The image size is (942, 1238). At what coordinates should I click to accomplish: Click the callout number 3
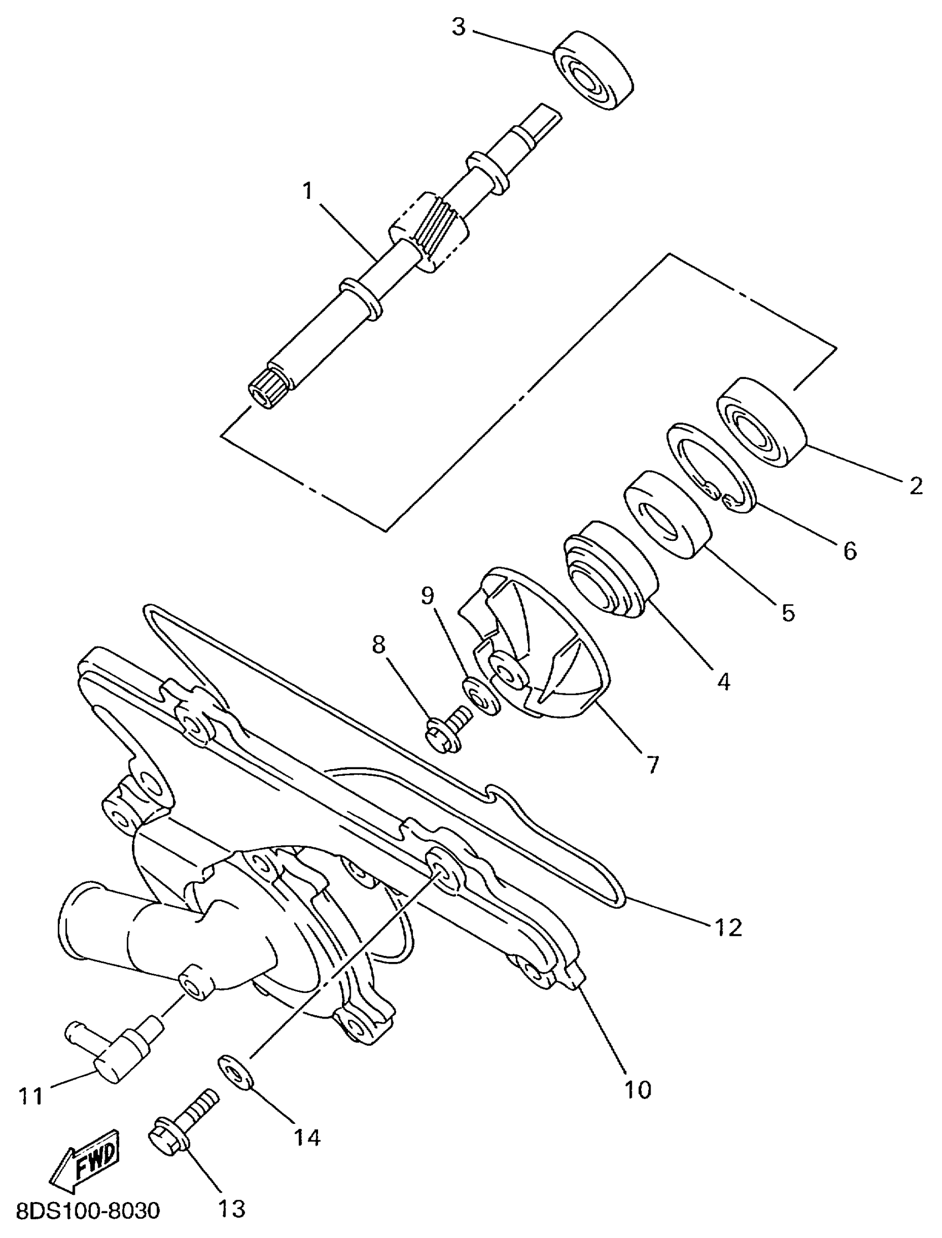tap(459, 27)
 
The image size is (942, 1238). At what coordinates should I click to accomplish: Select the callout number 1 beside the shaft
tap(308, 192)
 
